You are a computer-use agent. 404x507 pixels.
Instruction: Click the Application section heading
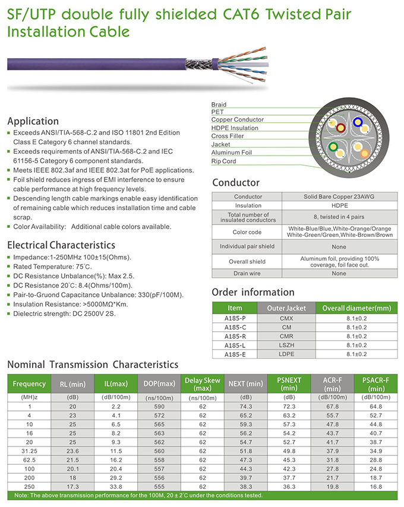click(x=33, y=121)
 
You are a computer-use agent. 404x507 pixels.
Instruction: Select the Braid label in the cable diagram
click(x=219, y=104)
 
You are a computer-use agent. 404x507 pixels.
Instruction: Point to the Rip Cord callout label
click(x=223, y=161)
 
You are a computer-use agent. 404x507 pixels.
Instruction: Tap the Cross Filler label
click(x=228, y=136)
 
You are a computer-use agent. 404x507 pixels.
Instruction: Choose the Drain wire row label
click(x=248, y=274)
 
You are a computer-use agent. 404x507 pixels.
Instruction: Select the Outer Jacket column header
click(x=286, y=308)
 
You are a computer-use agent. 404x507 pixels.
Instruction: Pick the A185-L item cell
click(x=235, y=345)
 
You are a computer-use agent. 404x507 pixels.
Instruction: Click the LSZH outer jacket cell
click(x=286, y=345)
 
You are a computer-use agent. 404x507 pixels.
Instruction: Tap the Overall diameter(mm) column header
click(x=356, y=308)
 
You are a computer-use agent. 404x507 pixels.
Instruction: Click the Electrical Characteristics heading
click(x=61, y=245)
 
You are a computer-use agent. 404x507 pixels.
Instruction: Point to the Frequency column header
click(x=29, y=384)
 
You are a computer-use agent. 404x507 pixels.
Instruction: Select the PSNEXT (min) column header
click(x=289, y=384)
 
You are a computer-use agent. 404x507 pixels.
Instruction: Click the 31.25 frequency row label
click(x=29, y=452)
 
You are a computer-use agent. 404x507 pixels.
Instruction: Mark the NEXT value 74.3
click(x=245, y=406)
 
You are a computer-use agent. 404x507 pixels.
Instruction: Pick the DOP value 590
click(x=159, y=406)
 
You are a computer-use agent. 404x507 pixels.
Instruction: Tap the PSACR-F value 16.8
click(x=375, y=486)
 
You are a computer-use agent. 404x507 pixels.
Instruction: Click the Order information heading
click(x=252, y=292)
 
